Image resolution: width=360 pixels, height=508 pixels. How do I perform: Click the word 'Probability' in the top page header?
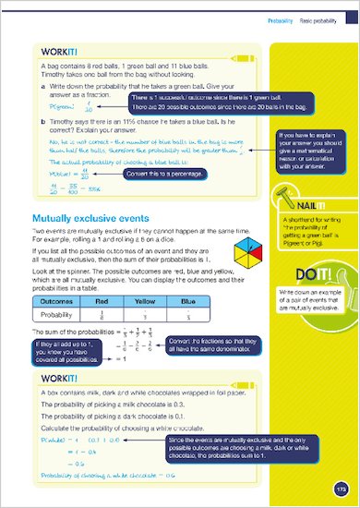pos(279,18)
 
